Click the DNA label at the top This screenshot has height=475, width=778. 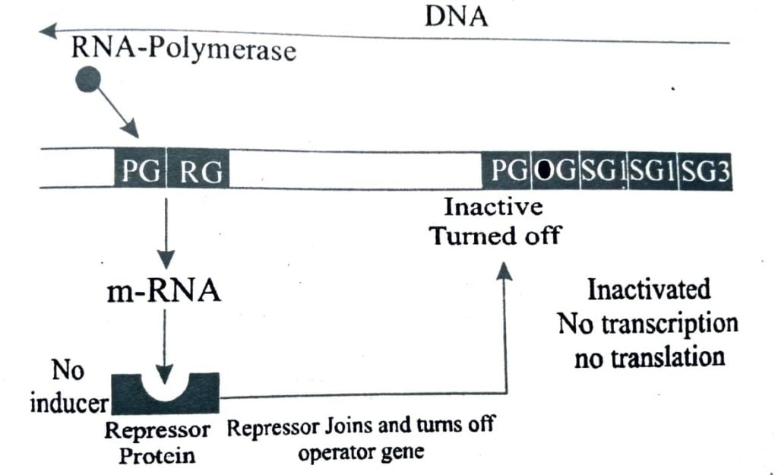coord(456,16)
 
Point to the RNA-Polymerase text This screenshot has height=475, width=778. coord(183,51)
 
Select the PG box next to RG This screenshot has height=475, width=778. coord(140,173)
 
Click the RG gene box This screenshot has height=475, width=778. coord(201,173)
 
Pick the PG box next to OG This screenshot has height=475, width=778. coord(508,172)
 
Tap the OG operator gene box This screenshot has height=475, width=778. coord(555,172)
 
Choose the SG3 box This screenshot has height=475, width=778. coord(705,172)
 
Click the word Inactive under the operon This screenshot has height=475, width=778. coord(493,207)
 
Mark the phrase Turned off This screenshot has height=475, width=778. coord(495,235)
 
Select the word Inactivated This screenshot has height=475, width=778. coord(649,290)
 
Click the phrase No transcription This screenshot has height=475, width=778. coord(648,324)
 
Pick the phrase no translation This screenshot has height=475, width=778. coord(650,356)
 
